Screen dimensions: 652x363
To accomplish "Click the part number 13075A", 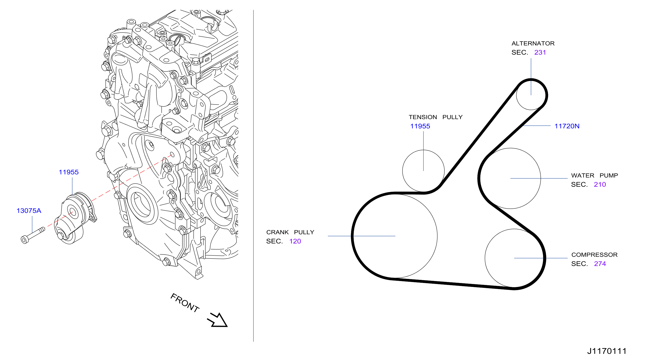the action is [29, 211].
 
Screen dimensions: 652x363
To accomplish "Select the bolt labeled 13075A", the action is [33, 235].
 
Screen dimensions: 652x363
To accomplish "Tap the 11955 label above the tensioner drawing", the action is [69, 172].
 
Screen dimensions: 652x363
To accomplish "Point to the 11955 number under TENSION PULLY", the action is [420, 126].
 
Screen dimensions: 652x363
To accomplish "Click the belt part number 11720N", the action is [567, 126].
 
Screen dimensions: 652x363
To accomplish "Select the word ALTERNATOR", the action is [533, 44].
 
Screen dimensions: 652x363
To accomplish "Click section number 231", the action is [540, 52].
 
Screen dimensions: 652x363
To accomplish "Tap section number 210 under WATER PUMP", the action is [600, 184].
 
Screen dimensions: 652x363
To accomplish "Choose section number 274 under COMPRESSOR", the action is [600, 264].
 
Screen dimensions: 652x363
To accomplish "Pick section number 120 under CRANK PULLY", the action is [295, 241].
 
